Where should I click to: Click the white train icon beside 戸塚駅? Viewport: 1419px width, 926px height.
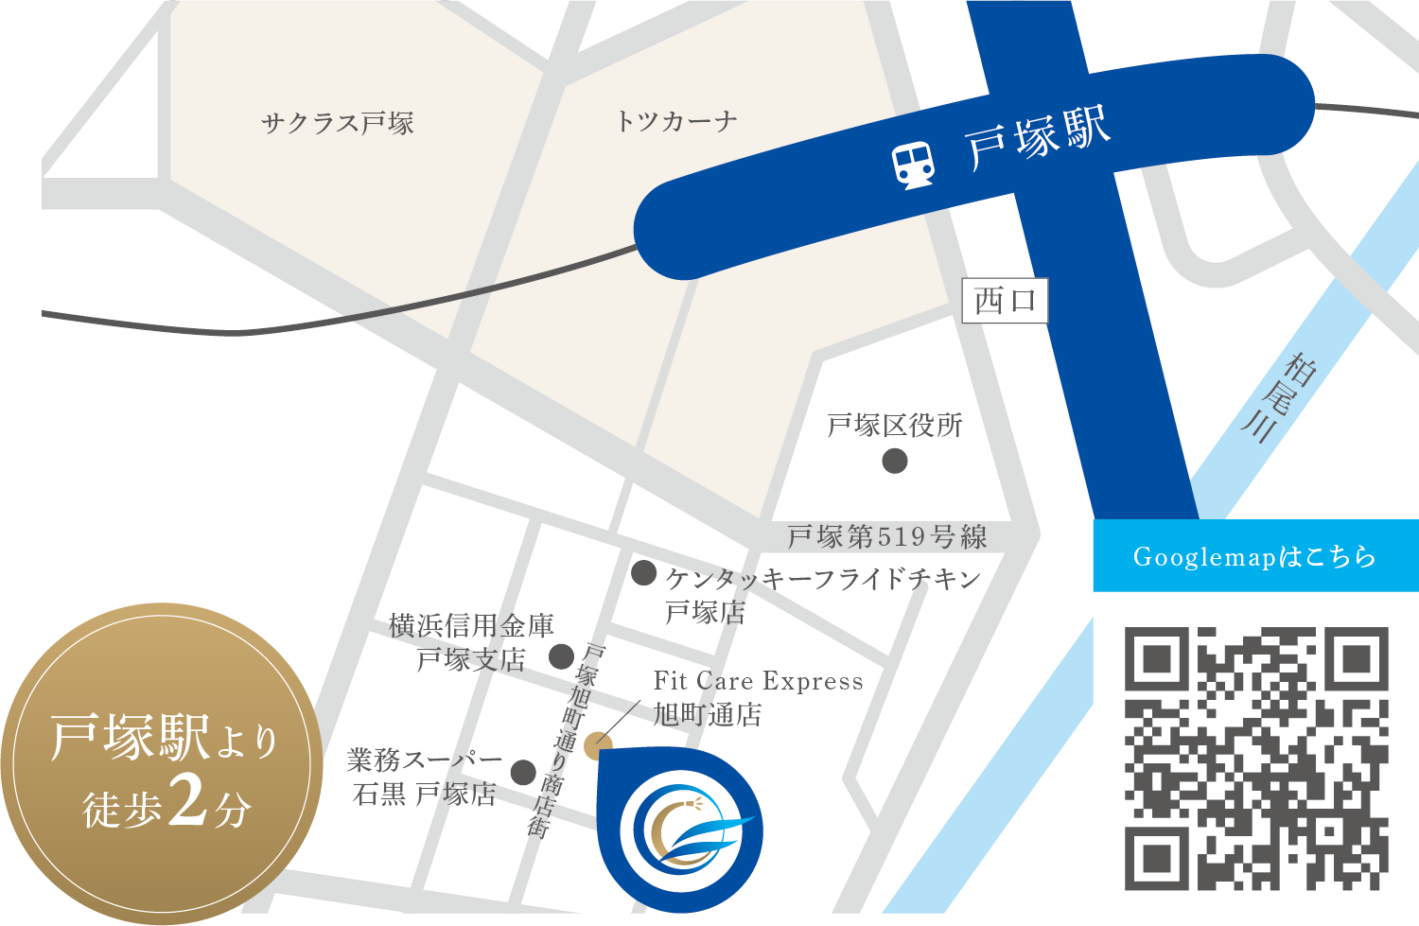click(914, 165)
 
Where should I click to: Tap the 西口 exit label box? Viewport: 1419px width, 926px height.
click(1005, 302)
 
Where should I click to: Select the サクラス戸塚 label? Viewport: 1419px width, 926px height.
click(338, 123)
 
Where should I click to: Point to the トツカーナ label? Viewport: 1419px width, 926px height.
click(675, 121)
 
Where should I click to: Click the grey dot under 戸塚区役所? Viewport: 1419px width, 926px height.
click(895, 461)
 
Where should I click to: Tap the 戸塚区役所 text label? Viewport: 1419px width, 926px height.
click(895, 426)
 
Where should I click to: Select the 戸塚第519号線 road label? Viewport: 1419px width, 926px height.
click(886, 537)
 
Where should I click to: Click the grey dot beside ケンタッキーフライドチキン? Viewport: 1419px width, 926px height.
click(644, 572)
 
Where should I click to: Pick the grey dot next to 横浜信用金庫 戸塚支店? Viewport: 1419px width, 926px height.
click(561, 655)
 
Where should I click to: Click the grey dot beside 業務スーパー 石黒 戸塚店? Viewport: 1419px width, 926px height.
click(523, 773)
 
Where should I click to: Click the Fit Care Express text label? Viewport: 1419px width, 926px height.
click(758, 681)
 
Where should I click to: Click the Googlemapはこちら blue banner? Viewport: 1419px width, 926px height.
click(1255, 556)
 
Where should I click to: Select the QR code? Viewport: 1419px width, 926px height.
click(1256, 758)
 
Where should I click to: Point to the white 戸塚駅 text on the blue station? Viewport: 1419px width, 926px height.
click(1038, 139)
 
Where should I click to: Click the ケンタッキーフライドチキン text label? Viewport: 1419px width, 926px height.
click(823, 579)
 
